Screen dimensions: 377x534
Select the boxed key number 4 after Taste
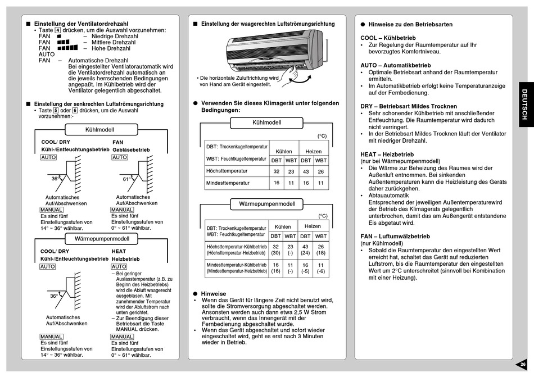click(x=58, y=30)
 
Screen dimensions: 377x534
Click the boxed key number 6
click(x=74, y=111)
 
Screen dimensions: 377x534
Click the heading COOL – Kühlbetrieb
click(x=388, y=38)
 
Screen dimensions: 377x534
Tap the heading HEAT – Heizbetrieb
click(x=387, y=154)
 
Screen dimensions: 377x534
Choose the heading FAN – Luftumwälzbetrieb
click(x=395, y=237)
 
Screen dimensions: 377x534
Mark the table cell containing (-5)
click(x=305, y=271)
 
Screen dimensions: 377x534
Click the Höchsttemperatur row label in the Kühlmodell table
click(x=227, y=171)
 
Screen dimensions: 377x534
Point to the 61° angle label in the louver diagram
click(x=127, y=179)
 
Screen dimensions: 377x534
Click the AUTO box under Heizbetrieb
click(x=119, y=266)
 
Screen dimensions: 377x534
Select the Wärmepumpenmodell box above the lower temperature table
click(x=266, y=203)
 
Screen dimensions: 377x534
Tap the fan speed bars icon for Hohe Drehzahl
click(x=67, y=48)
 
